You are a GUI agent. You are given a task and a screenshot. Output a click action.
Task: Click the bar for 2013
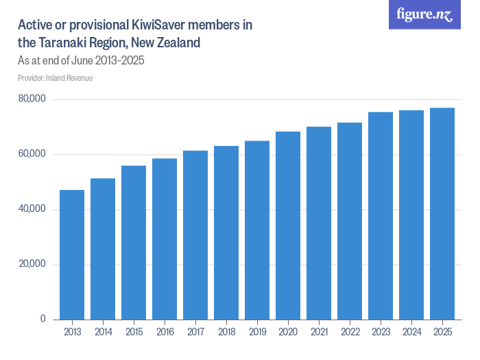pos(72,254)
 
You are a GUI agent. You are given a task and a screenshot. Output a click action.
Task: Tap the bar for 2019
pos(257,230)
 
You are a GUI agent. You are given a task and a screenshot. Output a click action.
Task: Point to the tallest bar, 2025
pos(442,213)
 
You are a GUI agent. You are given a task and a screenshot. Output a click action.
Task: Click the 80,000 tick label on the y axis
pos(32,99)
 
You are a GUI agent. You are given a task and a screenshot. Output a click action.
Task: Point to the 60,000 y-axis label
pos(32,154)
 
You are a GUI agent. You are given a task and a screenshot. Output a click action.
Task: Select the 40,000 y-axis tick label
pos(32,209)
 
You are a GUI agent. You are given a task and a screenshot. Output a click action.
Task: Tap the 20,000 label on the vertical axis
pos(32,264)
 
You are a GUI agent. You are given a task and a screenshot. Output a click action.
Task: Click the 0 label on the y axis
pos(43,319)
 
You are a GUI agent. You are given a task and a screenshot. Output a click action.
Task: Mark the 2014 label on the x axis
pos(103,333)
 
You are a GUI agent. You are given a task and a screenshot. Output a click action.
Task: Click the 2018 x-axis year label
pos(226,333)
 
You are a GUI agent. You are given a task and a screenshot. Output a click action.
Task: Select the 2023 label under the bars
pos(381,333)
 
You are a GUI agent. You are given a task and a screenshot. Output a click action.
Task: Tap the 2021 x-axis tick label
pos(319,333)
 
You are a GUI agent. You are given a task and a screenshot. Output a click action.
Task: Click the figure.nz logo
pos(425,14)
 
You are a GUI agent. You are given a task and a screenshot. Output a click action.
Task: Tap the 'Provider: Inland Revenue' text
pos(56,78)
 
